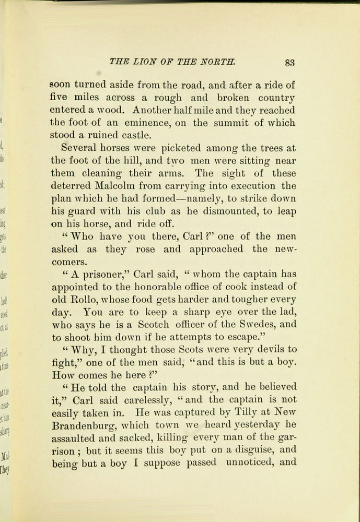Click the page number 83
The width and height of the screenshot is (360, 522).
coord(289,63)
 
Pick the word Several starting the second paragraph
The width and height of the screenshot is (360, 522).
coord(79,148)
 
